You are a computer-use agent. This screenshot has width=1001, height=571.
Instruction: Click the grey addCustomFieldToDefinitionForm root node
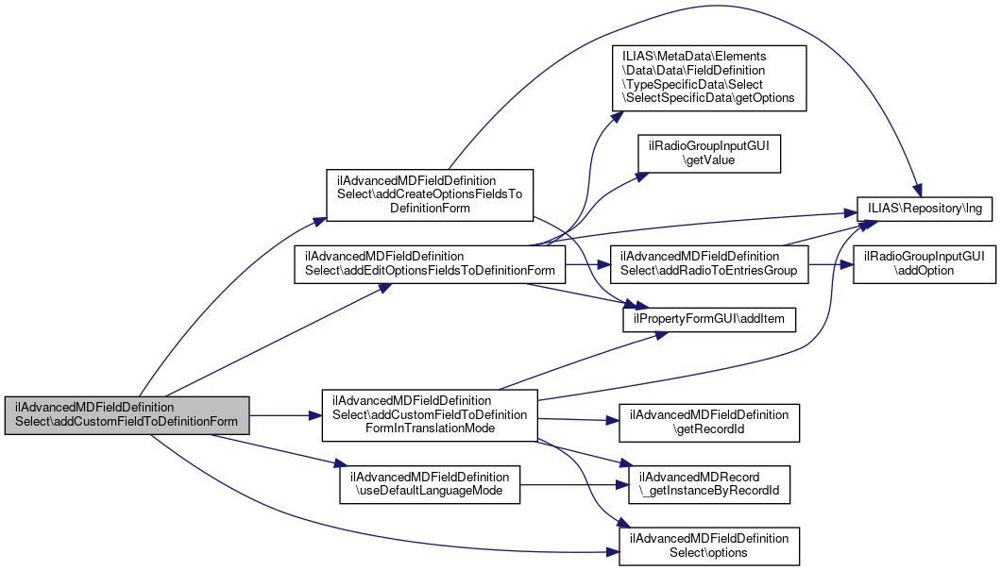tap(127, 414)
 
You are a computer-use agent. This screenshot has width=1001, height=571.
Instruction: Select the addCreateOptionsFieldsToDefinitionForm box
tap(430, 195)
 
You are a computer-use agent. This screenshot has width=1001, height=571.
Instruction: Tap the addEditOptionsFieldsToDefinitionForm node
tap(430, 263)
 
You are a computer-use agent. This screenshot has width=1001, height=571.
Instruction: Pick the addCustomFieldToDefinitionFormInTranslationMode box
tap(430, 414)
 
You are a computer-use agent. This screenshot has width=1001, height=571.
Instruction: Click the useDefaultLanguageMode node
tap(430, 483)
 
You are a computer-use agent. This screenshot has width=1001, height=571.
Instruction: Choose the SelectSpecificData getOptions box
tap(709, 76)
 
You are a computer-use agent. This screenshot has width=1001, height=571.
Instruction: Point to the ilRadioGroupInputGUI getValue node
tap(708, 154)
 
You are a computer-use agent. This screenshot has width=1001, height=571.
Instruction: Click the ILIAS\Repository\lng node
tap(924, 210)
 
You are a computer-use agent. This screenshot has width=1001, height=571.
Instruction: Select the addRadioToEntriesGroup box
tap(709, 263)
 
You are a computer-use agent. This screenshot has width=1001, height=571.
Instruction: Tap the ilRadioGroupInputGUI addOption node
tap(924, 263)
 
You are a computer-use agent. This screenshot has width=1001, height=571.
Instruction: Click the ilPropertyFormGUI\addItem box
tap(709, 322)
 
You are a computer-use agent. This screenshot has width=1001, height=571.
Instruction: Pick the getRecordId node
tap(709, 423)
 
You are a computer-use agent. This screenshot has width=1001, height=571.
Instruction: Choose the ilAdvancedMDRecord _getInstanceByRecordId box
tap(709, 483)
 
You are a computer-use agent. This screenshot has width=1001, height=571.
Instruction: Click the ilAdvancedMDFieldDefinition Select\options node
tap(709, 545)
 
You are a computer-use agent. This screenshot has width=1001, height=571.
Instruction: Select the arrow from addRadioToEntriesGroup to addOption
tap(831, 263)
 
